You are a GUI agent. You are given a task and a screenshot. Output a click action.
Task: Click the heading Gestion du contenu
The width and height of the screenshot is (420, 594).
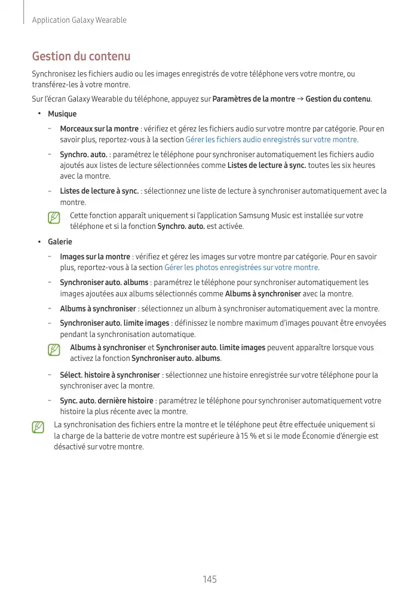pos(81,57)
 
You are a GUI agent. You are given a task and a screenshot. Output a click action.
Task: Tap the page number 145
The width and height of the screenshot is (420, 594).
pos(210,579)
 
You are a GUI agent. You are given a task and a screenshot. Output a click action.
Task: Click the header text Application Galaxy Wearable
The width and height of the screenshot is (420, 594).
pos(79,20)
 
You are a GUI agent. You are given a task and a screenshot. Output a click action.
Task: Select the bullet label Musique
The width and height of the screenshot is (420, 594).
pos(62,114)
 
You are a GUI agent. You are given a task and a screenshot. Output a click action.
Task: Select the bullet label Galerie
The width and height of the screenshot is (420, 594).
pos(60,241)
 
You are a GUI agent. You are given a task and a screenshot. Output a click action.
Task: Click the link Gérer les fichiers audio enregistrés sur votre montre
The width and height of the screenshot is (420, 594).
pos(271,139)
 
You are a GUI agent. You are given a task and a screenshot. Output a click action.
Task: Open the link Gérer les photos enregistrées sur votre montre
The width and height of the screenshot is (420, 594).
pos(241,267)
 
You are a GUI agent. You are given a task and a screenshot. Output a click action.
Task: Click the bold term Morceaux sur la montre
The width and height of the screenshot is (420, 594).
pos(99,128)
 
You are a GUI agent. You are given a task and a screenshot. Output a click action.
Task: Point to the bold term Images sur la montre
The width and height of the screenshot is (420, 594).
pos(95,256)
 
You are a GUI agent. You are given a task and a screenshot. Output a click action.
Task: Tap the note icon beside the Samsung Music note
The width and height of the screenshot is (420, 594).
pos(54,218)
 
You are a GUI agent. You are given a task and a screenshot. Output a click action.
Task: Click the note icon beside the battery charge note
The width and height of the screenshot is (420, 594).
pos(38,427)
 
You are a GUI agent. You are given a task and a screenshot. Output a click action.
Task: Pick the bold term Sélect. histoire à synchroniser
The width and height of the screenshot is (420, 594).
pos(110,375)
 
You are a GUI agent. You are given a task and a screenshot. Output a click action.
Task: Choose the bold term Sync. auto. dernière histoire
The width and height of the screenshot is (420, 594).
pos(106,400)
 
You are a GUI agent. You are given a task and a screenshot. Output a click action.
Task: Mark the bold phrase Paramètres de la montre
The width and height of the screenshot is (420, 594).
pos(253,99)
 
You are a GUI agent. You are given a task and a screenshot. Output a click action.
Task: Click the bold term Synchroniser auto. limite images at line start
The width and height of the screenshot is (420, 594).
pos(114,323)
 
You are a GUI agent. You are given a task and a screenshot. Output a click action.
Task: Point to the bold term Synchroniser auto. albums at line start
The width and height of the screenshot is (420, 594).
pos(104,282)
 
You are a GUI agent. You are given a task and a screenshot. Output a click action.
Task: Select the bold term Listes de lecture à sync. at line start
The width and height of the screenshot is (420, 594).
pos(99,191)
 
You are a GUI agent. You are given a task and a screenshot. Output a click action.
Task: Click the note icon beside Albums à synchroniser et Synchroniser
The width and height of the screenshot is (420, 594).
pos(54,350)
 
